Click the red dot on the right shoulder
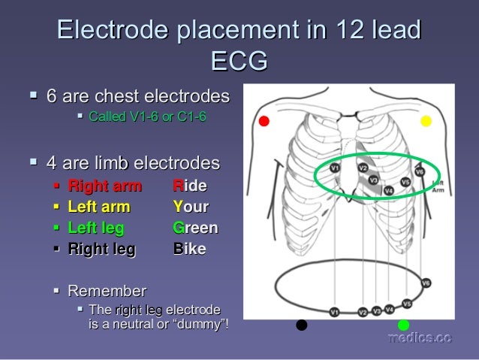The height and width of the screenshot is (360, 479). [x=264, y=121]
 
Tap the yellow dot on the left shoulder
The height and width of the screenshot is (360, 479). [x=426, y=120]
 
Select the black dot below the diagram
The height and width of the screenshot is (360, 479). [x=302, y=325]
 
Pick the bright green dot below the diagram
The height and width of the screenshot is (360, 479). [x=403, y=325]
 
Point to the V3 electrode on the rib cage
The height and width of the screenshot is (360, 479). [x=373, y=180]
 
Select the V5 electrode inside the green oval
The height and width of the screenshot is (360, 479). [x=405, y=182]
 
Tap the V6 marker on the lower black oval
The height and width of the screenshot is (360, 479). [x=426, y=283]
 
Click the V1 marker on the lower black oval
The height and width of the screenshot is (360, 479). [x=335, y=312]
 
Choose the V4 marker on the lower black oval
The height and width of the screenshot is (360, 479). [x=389, y=308]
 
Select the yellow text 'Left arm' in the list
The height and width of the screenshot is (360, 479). [x=99, y=207]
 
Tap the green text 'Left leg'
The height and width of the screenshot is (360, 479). [x=96, y=228]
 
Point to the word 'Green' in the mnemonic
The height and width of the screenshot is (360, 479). [x=195, y=228]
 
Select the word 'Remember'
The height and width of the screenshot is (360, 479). [x=107, y=291]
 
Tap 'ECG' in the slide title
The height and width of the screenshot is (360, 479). [x=239, y=62]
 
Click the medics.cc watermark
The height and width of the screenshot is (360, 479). [x=420, y=339]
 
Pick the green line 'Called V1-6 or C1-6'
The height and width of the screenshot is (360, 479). [x=147, y=117]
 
